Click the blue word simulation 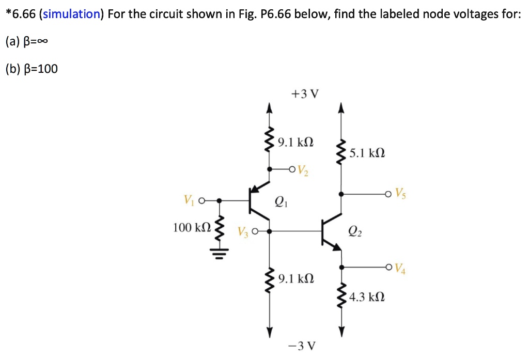[x=71, y=14]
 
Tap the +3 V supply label [x=305, y=95]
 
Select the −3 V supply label [x=305, y=345]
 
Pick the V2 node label [x=303, y=170]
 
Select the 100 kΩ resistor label [x=192, y=227]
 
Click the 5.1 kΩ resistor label [x=367, y=153]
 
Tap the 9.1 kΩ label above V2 [x=295, y=142]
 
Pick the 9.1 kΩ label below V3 [x=295, y=279]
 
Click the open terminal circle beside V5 [x=388, y=194]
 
